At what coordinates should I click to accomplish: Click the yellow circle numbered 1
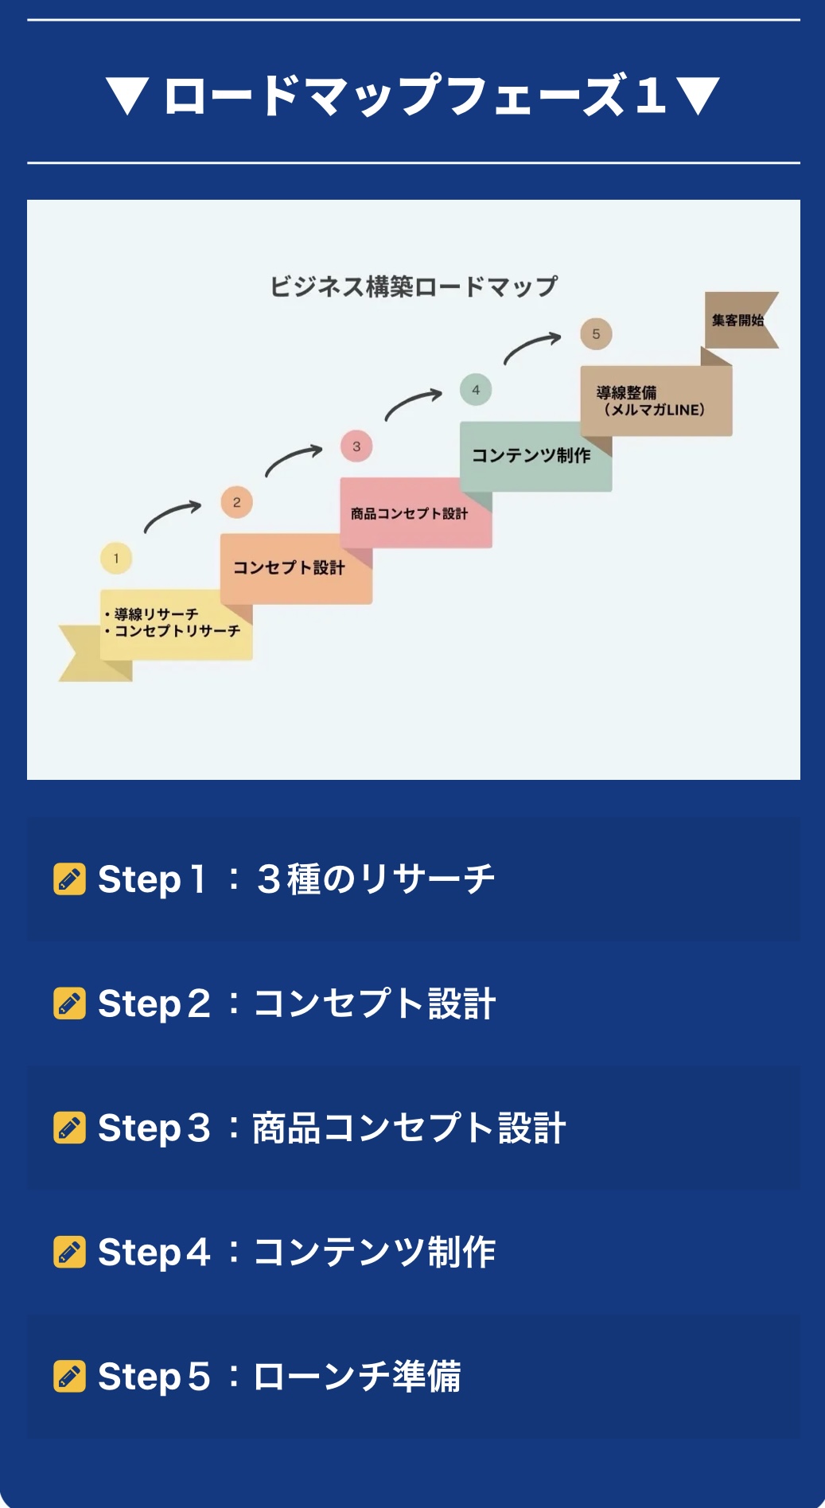pos(116,558)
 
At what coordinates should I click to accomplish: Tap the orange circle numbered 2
pos(236,502)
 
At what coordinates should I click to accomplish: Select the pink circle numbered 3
pos(356,446)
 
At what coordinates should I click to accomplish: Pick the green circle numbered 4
pos(476,390)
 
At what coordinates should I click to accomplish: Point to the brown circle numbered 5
pos(596,334)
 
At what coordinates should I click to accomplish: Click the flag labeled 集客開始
pos(737,320)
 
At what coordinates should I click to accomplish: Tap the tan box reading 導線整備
pos(656,400)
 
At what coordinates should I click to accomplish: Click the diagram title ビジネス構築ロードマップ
pos(414,286)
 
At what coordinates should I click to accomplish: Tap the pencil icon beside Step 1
pos(69,879)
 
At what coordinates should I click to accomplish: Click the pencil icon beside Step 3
pos(69,1128)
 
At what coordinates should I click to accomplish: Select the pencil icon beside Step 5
pos(69,1377)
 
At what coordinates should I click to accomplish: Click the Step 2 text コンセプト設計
pos(374,1004)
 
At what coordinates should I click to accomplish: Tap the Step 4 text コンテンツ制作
pos(374,1253)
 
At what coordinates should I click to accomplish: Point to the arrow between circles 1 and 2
pos(173,516)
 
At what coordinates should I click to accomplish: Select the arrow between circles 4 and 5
pos(532,347)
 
